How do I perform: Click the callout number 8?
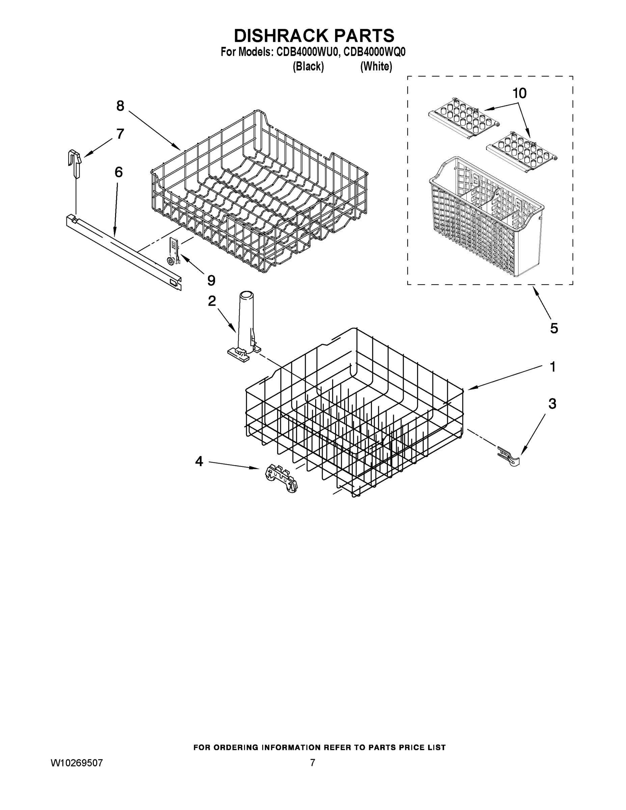[x=120, y=106]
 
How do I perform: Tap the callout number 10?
[x=520, y=93]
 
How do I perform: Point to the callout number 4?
[x=199, y=461]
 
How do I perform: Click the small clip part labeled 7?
[x=75, y=162]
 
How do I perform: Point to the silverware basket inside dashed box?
[x=486, y=219]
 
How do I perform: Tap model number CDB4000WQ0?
[x=374, y=52]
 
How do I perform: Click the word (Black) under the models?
[x=308, y=66]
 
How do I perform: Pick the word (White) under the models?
[x=376, y=66]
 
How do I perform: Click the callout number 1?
[x=552, y=367]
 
